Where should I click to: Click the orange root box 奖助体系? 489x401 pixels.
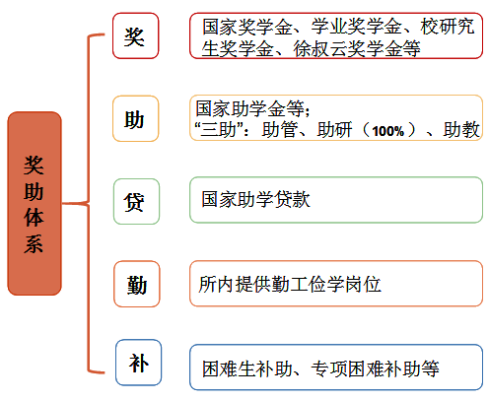[35, 203]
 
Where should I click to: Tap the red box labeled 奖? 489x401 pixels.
[135, 35]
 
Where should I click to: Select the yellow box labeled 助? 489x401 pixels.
[135, 118]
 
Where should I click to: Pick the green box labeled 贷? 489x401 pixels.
[136, 202]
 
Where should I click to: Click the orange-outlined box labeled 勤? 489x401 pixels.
[137, 284]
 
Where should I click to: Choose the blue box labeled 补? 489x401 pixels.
[138, 363]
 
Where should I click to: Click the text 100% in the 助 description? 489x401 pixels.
[387, 131]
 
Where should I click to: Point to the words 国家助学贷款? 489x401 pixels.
[255, 199]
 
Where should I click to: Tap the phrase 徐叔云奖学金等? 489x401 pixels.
[357, 49]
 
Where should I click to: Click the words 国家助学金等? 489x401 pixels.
[250, 108]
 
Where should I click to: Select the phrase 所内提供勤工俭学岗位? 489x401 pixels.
[290, 284]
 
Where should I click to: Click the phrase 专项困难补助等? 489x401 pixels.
[375, 368]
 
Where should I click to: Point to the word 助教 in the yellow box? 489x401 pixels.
[461, 129]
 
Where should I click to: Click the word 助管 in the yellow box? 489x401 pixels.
[280, 130]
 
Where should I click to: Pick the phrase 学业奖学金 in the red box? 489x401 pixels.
[356, 27]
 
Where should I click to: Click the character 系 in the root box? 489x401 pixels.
[34, 243]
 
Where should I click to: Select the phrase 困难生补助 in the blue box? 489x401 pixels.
[247, 368]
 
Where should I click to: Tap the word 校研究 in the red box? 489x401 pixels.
[448, 27]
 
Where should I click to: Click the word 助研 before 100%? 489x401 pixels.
[334, 130]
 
